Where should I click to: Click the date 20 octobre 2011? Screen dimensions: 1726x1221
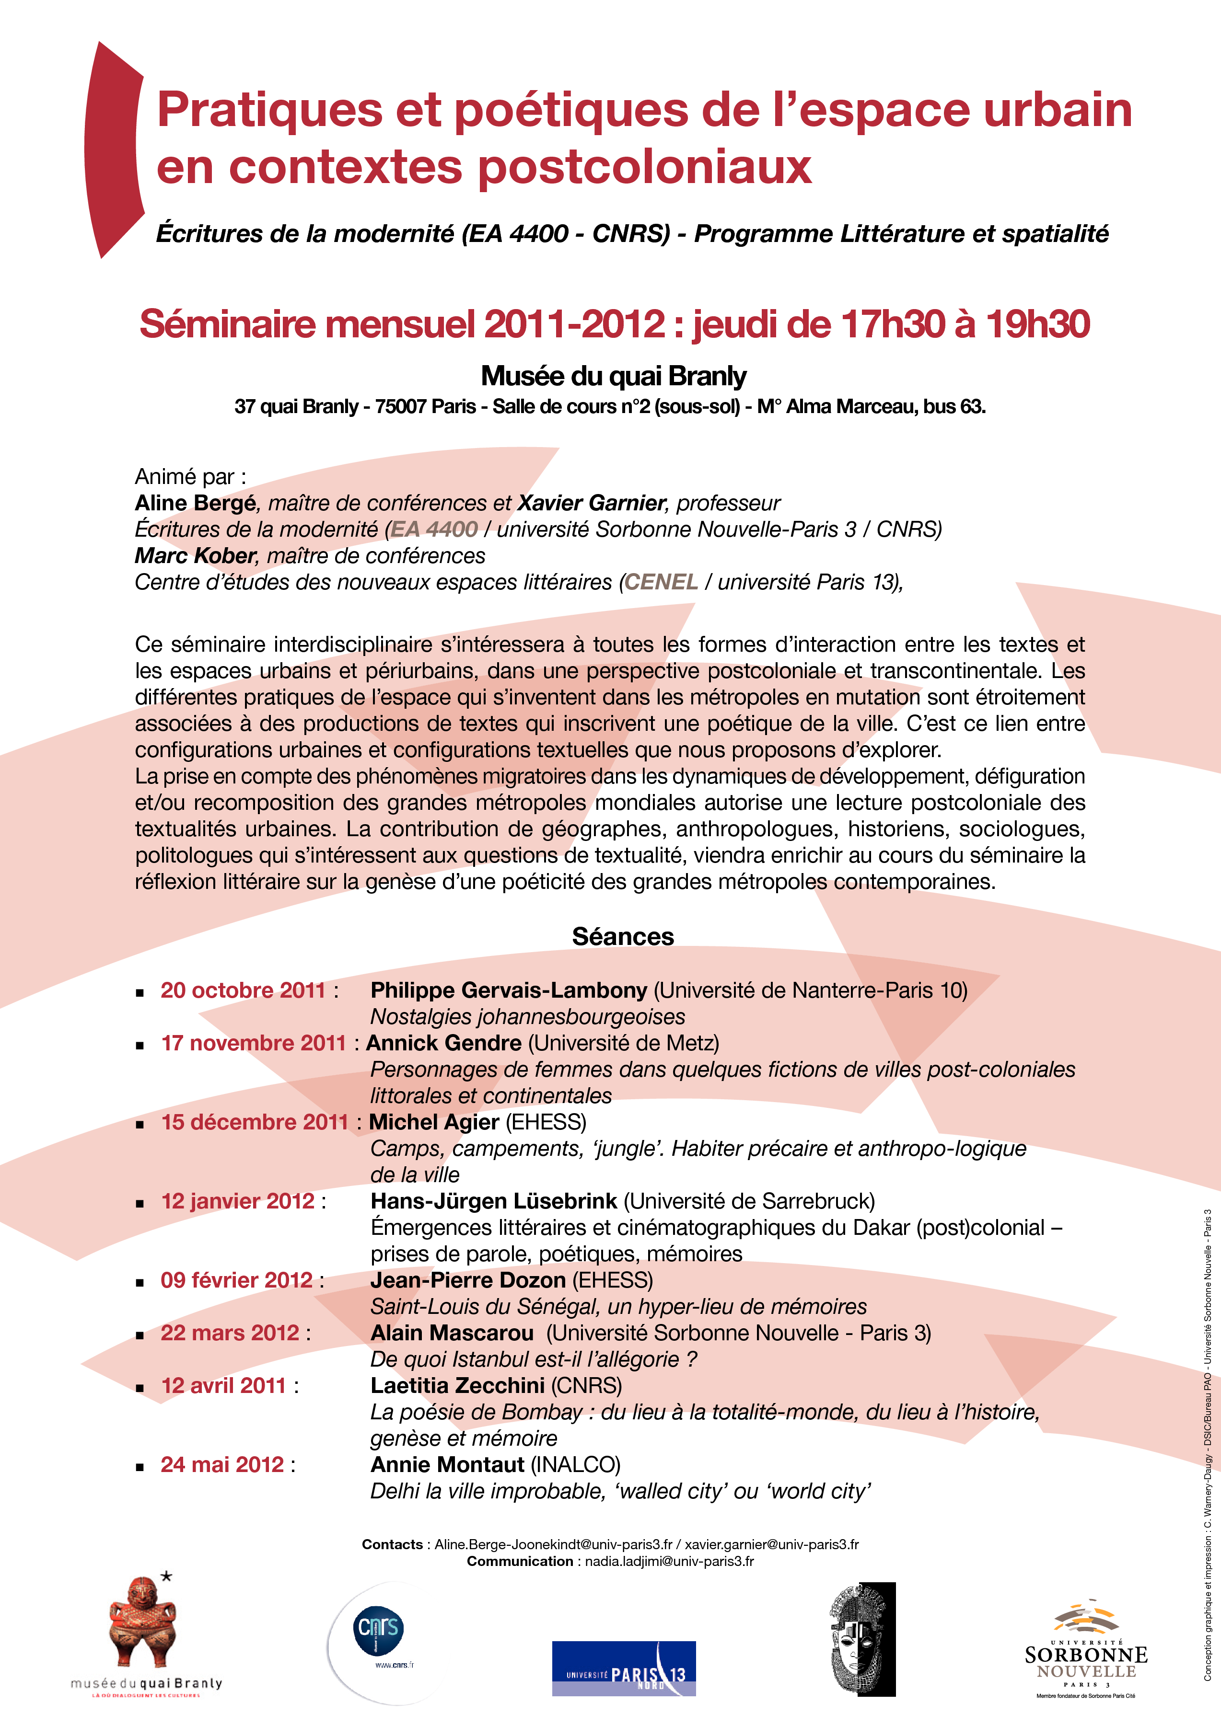[x=243, y=990]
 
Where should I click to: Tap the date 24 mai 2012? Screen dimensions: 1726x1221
[x=222, y=1464]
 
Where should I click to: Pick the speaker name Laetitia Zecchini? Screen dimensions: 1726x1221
[x=457, y=1385]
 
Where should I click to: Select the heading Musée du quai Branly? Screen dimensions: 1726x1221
[x=614, y=376]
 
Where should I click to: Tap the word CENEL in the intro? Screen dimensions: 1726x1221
[x=661, y=582]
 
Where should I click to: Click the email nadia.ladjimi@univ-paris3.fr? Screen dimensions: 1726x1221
[x=669, y=1561]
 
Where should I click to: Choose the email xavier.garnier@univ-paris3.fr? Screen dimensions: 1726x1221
[x=771, y=1544]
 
